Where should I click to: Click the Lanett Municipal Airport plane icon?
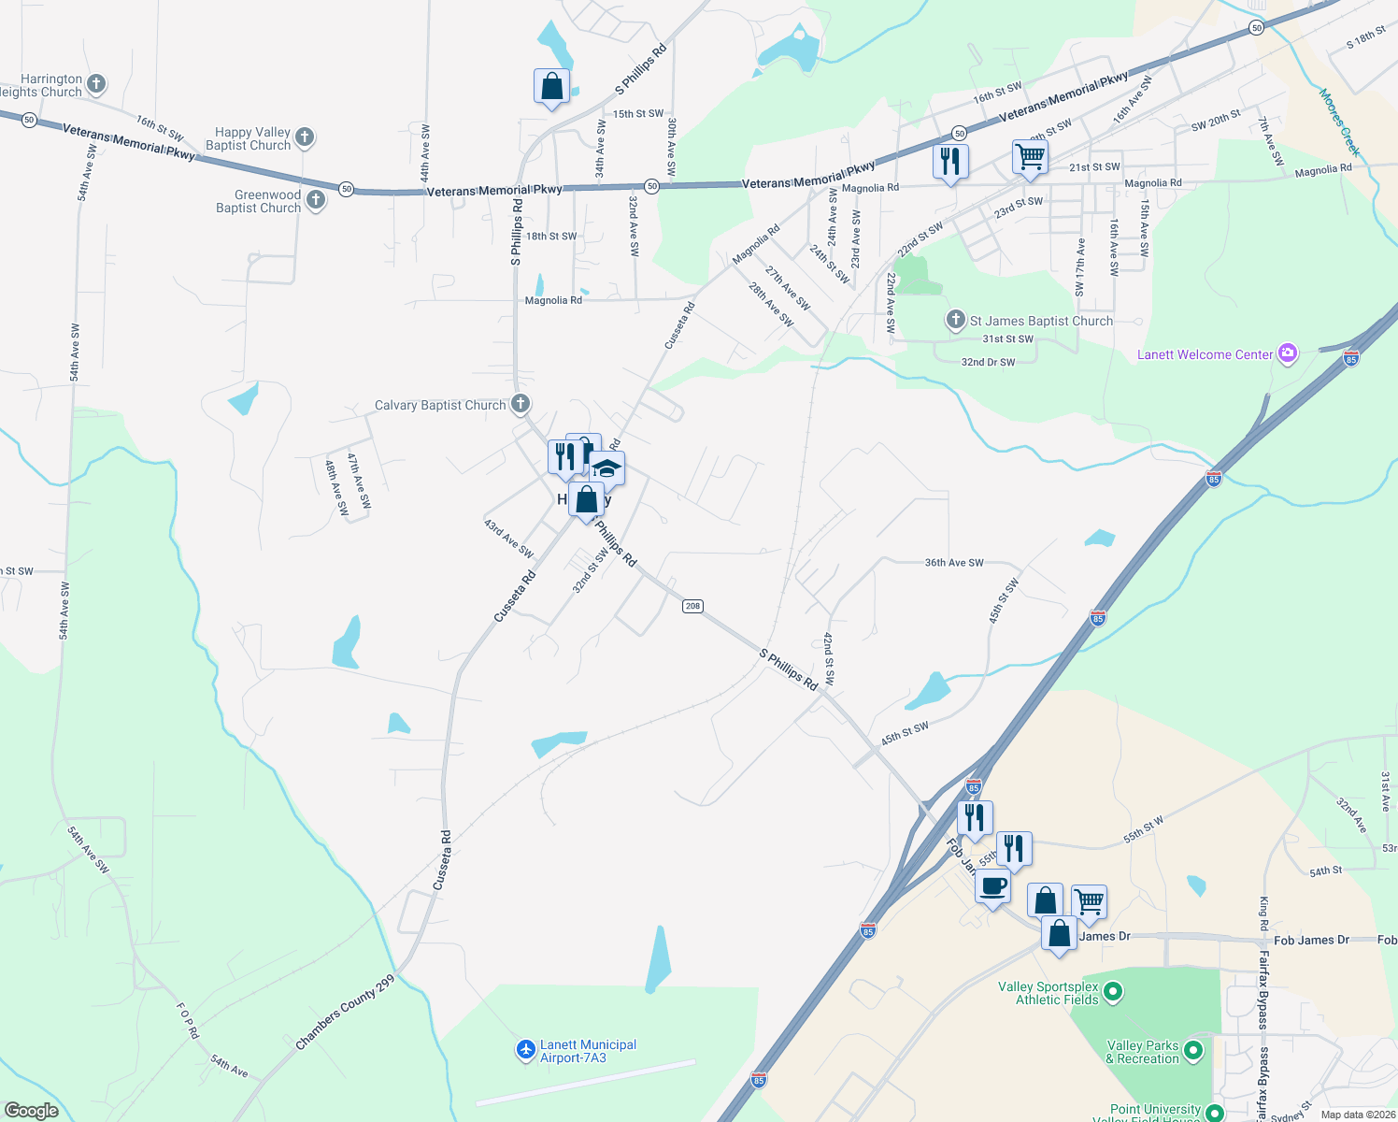click(526, 1051)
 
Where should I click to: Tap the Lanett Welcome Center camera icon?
click(1289, 353)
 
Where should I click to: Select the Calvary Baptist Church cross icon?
click(521, 404)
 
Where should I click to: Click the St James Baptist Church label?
click(1041, 321)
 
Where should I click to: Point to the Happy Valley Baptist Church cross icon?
click(305, 138)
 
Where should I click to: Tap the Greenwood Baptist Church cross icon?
click(316, 200)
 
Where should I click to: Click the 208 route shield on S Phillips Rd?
click(692, 606)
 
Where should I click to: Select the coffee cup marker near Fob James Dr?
click(992, 886)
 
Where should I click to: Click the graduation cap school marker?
click(606, 467)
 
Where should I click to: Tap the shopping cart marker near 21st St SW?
click(1030, 157)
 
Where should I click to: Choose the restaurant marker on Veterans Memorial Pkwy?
click(950, 162)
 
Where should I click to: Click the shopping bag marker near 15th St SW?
click(552, 86)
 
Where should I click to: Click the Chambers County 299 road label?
click(346, 1013)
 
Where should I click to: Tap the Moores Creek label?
click(1339, 122)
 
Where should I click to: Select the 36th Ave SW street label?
click(954, 563)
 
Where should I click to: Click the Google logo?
click(32, 1110)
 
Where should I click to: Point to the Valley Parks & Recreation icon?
click(1192, 1051)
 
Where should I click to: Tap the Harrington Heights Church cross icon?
click(96, 84)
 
